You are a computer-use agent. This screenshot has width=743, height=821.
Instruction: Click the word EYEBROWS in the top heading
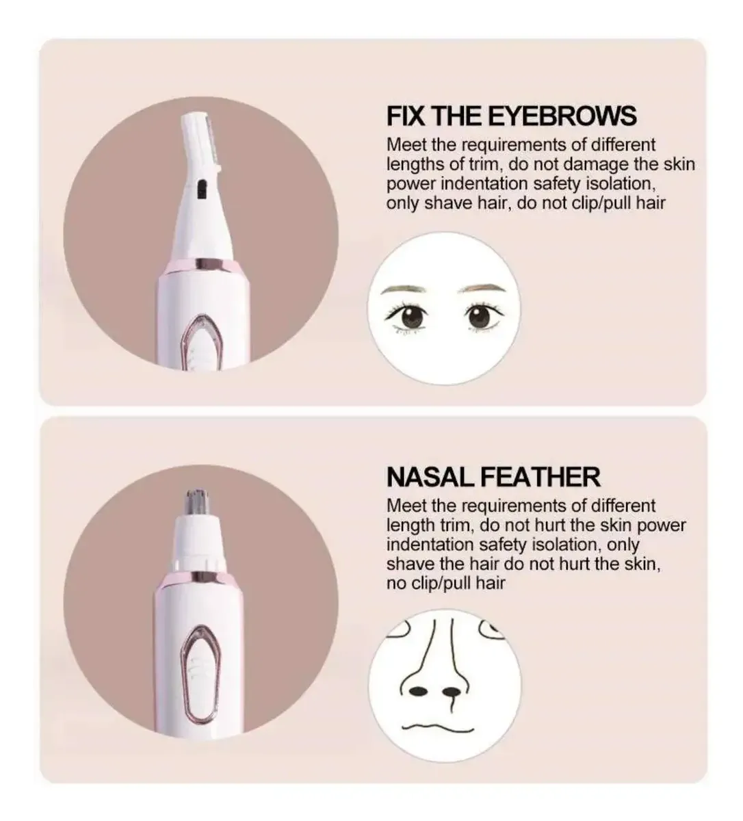(563, 116)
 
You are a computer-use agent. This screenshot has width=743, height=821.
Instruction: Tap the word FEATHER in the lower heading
(540, 477)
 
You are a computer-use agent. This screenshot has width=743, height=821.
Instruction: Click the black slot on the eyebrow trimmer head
(201, 190)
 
